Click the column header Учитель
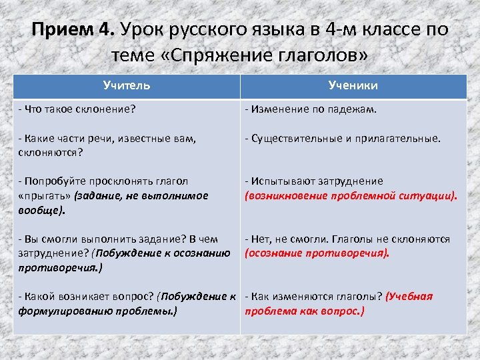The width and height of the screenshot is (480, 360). point(127,85)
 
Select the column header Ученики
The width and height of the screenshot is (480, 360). point(353,85)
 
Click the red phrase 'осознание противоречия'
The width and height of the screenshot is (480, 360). point(317,253)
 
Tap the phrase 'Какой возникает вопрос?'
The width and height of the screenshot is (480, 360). point(87,297)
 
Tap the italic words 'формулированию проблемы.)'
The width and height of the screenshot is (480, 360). point(97,311)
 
